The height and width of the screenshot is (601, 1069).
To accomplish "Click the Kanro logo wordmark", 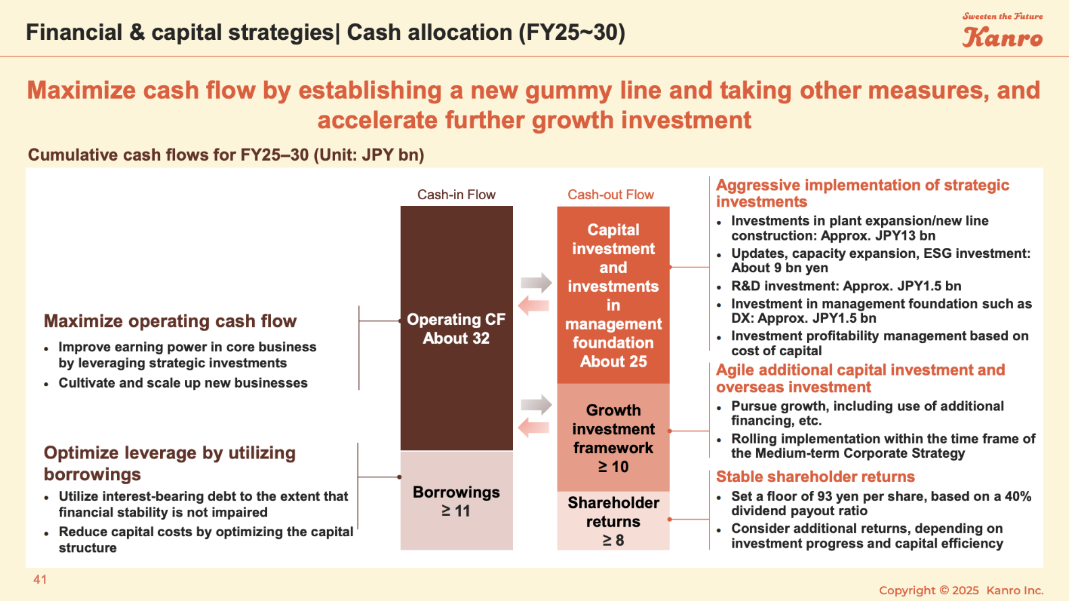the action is tap(1002, 37).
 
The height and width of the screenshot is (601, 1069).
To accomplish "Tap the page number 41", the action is tap(40, 579).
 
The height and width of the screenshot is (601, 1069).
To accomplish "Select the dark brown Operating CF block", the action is tap(456, 328).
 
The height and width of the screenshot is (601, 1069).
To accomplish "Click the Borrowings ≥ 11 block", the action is tap(456, 501).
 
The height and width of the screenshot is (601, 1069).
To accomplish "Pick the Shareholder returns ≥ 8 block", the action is tap(614, 521).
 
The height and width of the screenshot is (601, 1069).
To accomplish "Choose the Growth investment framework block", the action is tap(614, 438).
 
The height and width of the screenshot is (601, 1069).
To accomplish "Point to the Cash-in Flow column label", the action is tap(456, 194).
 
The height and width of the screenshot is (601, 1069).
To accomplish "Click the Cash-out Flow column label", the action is tap(610, 194).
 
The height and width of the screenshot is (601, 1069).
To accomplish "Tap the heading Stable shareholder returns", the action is tap(815, 477).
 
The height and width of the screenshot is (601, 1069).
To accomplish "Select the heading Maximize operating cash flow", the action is tap(170, 321).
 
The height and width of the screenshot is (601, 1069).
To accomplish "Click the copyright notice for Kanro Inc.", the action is tap(961, 590).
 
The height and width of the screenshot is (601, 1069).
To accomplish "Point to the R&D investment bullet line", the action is tap(846, 286).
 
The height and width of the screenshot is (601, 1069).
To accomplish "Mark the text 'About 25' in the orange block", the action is tap(614, 361).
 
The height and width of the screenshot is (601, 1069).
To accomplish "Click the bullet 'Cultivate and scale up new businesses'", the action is tap(182, 383).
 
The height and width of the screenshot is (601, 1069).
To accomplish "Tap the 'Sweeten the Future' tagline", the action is tap(1002, 16).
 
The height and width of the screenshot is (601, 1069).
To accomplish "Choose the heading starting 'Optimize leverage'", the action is tap(170, 463).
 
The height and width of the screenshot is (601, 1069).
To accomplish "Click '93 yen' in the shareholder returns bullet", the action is tap(839, 496).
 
